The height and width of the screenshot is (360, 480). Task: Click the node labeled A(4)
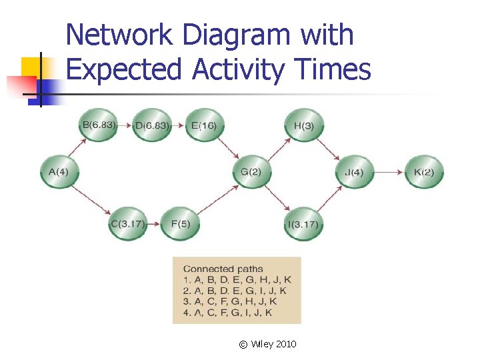pos(59,172)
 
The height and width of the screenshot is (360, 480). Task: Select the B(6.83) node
pos(98,125)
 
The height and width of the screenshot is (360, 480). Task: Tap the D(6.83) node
pos(152,125)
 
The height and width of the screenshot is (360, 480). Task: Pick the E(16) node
pos(204,125)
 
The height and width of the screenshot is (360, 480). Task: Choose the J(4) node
pos(354,173)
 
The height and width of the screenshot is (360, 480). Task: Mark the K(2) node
pos(424,173)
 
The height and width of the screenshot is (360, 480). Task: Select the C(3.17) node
pos(127,223)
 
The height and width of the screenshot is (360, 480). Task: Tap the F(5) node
pos(181,223)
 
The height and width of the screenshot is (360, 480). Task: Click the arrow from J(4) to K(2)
pos(389,173)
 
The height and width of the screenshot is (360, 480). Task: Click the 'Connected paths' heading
pos(223,269)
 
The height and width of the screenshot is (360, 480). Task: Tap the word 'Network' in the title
pos(119,35)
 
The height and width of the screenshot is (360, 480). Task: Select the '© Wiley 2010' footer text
pos(267,344)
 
